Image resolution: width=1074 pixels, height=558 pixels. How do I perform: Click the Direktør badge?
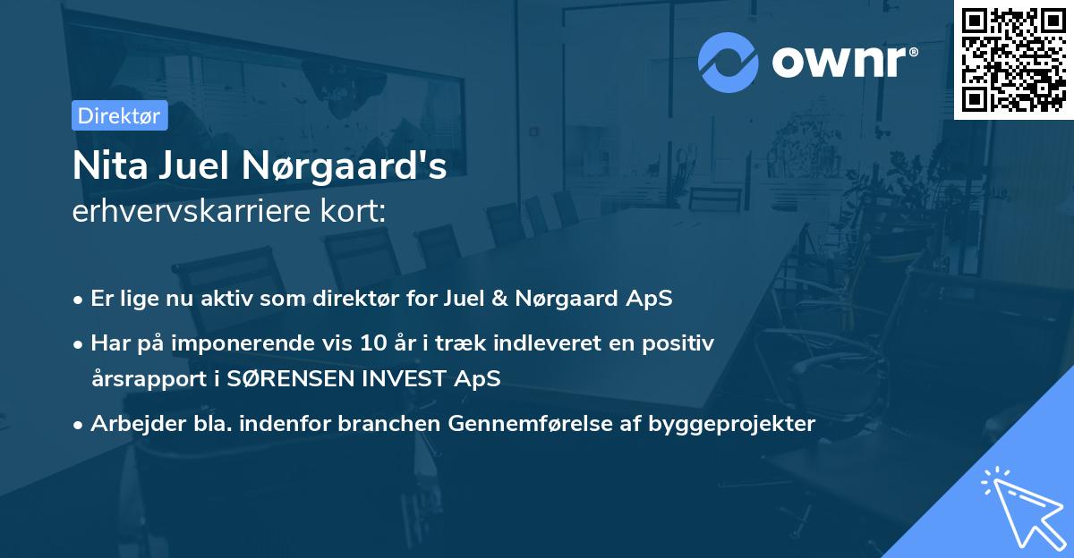[x=119, y=115]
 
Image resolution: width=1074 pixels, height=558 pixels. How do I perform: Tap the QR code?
[x=1014, y=59]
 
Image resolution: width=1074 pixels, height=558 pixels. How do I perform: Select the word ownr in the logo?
[x=843, y=63]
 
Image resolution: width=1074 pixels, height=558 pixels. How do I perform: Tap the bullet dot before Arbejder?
[x=80, y=425]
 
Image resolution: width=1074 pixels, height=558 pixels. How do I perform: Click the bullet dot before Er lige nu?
[x=80, y=300]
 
